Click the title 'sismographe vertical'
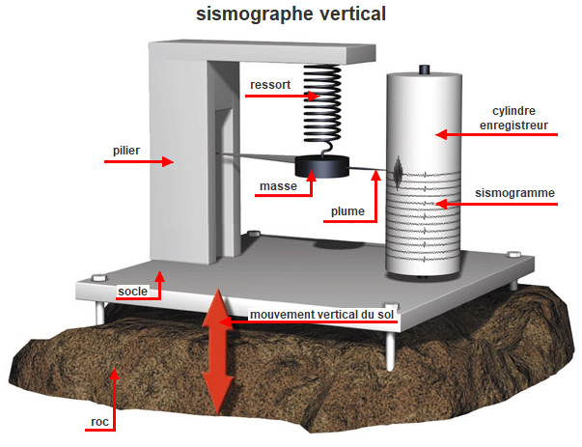291,14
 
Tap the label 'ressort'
269,85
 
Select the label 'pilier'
125,151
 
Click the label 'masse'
276,185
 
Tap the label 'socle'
131,290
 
